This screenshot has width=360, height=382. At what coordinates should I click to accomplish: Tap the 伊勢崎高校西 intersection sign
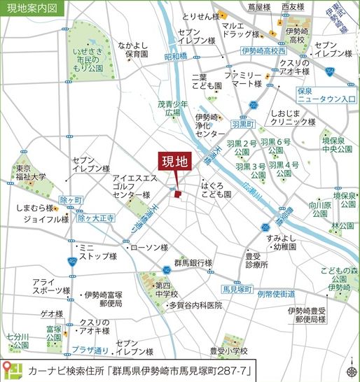point(263,51)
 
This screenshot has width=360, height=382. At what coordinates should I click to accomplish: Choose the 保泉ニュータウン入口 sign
point(323,96)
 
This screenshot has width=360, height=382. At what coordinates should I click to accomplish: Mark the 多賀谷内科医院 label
point(195,306)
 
